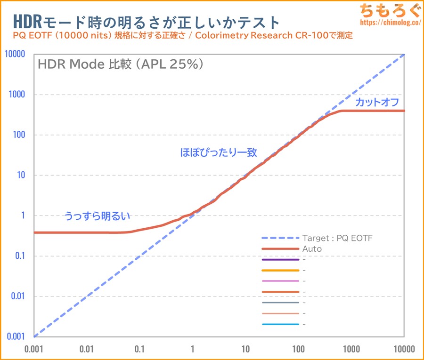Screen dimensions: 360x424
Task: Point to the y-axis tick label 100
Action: pos(19,135)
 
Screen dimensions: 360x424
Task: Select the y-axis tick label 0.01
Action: pos(17,296)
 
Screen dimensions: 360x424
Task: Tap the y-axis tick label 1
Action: pos(23,216)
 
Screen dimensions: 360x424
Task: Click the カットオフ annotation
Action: pos(377,102)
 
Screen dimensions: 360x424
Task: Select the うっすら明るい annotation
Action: pos(97,216)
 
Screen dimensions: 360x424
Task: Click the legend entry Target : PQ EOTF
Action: pos(337,238)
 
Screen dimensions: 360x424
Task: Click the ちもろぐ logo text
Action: pos(387,10)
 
